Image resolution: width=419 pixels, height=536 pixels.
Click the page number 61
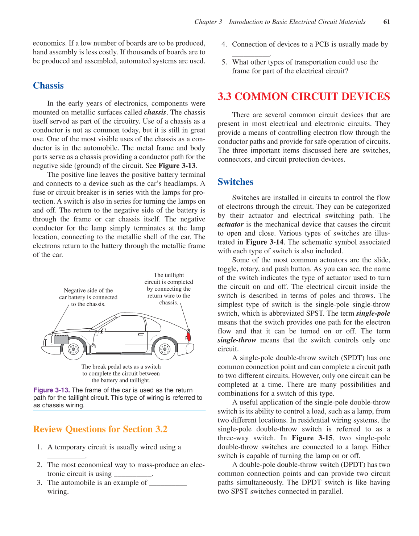tap(387, 22)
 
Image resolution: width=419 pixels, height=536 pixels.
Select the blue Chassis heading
tap(48, 86)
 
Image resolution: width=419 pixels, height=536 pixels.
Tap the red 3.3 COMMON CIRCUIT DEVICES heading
tap(304, 97)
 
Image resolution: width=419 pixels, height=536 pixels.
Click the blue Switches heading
tap(235, 182)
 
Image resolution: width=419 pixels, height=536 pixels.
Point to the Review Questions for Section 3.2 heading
tap(100, 429)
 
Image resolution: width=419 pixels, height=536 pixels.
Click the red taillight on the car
tap(188, 336)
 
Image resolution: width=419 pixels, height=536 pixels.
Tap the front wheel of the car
tap(73, 349)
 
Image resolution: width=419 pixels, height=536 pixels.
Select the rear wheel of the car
tap(165, 349)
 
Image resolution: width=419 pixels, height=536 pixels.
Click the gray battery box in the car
tap(61, 340)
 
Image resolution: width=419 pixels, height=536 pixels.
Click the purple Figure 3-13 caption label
tap(51, 390)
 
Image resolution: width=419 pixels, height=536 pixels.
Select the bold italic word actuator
tap(231, 225)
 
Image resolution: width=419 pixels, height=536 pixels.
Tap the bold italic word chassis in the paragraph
tap(155, 112)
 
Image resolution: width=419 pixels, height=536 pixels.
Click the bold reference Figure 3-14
tap(265, 242)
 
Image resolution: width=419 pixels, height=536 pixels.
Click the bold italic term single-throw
tap(237, 340)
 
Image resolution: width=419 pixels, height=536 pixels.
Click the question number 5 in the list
tap(224, 62)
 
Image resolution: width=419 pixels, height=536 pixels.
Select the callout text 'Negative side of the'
tap(88, 291)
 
